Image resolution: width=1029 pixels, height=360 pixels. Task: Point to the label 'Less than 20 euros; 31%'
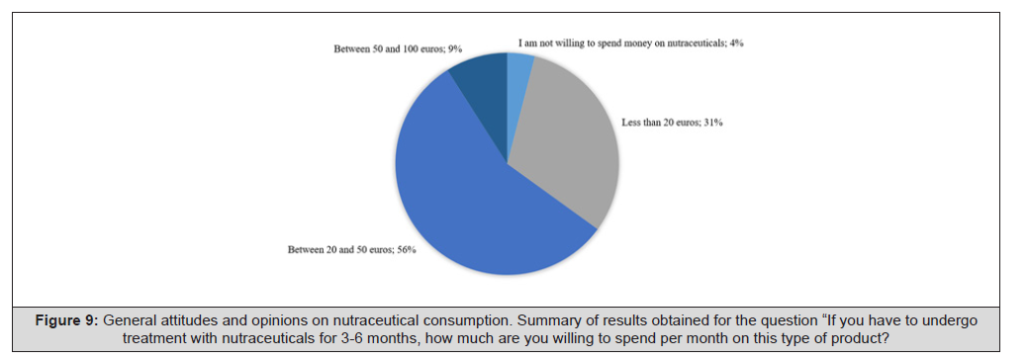672,122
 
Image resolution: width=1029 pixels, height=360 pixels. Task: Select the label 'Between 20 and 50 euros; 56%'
352,250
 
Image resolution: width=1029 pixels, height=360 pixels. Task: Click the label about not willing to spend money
630,44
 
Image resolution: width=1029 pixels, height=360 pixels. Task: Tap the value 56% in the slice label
407,250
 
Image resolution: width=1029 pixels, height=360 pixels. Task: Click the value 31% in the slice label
713,122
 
